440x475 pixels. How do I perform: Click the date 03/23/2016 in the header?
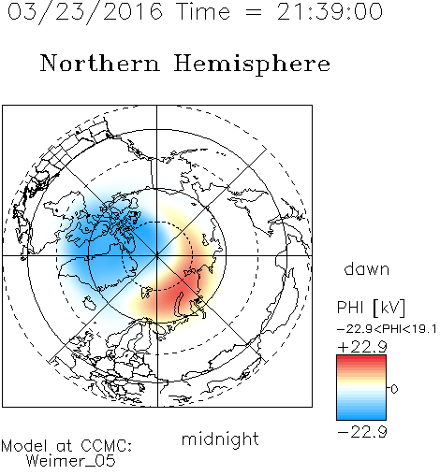point(85,12)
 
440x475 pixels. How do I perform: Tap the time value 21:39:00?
point(330,12)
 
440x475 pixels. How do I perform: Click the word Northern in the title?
point(100,64)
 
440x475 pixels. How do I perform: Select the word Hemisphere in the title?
point(252,65)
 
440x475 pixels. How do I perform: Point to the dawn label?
point(367,268)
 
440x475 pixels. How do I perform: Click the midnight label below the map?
point(220,439)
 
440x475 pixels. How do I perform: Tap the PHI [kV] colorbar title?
point(371,308)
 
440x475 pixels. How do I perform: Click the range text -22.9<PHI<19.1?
point(387,329)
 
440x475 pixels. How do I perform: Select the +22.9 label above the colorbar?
point(362,347)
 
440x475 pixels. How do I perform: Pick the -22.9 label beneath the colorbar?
point(362,432)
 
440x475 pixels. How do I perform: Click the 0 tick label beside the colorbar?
point(394,389)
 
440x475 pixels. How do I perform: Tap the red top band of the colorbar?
point(361,360)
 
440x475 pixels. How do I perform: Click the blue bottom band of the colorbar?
point(361,414)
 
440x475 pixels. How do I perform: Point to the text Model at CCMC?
point(66,446)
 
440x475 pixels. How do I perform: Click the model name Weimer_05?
point(71,461)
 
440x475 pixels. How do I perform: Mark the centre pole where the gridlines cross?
point(156,256)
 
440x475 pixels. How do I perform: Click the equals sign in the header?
point(253,12)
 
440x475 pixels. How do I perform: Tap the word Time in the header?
point(203,12)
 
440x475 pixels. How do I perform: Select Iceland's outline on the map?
point(90,303)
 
